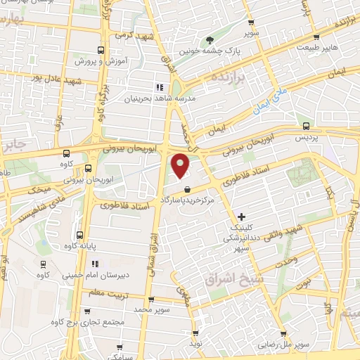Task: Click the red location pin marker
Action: (181, 165)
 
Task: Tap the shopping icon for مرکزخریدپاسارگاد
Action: (187, 189)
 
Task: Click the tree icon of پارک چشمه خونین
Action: (208, 41)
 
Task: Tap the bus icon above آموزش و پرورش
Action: (101, 50)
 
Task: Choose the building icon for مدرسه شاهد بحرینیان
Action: (159, 87)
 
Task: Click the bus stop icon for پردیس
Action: (305, 126)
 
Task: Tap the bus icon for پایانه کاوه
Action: (79, 235)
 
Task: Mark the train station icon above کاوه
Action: (44, 264)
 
